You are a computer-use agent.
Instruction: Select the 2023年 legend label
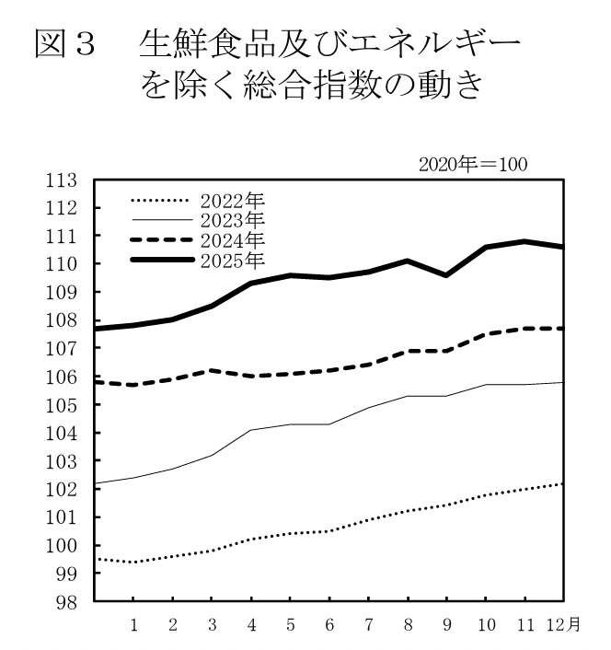click(x=231, y=221)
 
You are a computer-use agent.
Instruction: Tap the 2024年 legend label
click(x=231, y=241)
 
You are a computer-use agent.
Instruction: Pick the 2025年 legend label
click(x=231, y=262)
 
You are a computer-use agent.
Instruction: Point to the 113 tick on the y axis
click(x=61, y=180)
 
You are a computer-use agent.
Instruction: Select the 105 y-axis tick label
click(x=61, y=405)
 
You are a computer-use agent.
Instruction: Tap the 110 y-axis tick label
click(x=61, y=264)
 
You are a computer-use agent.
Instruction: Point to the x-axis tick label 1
click(x=133, y=625)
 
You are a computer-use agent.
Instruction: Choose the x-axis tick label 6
click(x=330, y=625)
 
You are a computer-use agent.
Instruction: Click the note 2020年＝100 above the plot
click(x=471, y=166)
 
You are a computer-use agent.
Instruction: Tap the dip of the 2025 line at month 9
click(x=445, y=275)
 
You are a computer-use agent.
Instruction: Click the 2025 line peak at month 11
click(x=524, y=241)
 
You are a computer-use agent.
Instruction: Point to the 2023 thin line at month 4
click(x=251, y=430)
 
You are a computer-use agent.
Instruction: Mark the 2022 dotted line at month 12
click(x=562, y=483)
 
